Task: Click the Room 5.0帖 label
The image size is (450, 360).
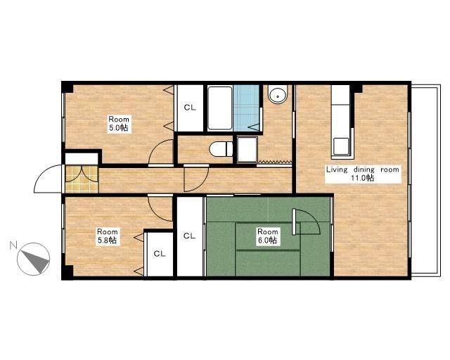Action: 119,124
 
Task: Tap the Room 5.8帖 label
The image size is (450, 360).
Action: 108,236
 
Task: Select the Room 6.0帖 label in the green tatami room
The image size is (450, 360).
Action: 267,236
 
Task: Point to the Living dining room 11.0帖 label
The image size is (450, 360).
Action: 363,174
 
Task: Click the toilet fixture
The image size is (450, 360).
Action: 221,149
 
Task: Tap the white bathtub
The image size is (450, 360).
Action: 220,108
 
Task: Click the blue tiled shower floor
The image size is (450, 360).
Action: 247,108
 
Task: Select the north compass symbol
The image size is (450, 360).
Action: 34,259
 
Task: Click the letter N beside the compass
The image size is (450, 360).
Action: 13,245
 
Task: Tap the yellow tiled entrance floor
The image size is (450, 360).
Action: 82,179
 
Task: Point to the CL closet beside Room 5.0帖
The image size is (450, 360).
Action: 190,108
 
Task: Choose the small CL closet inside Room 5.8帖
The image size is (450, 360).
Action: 160,254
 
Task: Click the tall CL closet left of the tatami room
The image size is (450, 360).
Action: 189,236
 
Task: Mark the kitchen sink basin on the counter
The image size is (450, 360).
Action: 341,146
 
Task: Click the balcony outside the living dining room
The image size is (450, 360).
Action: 425,180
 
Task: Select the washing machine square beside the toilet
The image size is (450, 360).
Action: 247,149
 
